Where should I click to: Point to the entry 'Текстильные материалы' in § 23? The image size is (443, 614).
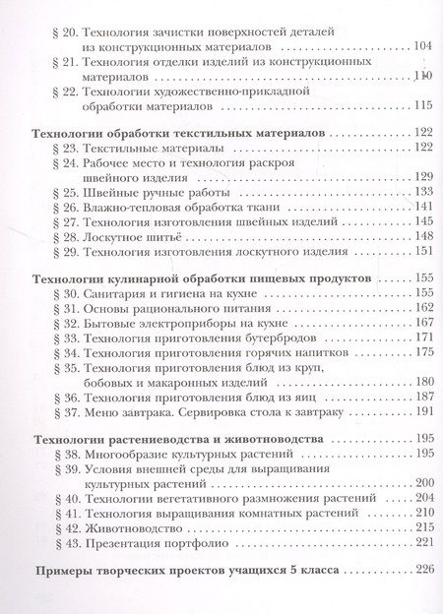(x=149, y=148)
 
